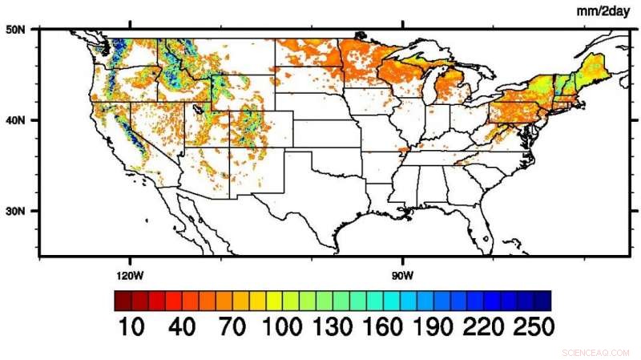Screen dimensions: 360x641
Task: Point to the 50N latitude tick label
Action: pos(16,30)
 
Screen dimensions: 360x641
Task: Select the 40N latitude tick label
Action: pos(16,120)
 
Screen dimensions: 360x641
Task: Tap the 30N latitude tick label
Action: pos(16,211)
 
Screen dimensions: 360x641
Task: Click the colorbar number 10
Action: pos(132,326)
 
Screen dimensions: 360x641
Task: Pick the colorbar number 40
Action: pos(183,326)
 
